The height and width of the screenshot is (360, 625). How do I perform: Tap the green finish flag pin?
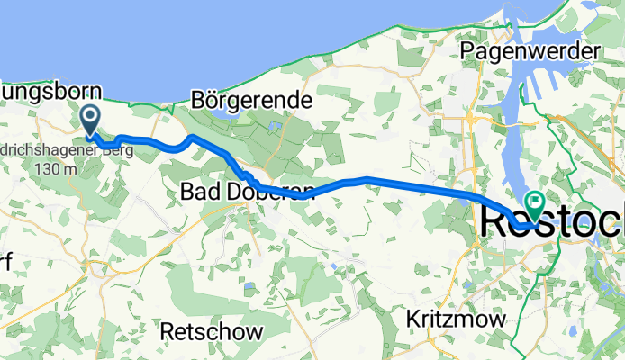[535, 205]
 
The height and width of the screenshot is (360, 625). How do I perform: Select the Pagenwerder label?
[529, 51]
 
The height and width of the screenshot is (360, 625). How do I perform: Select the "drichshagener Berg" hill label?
[67, 151]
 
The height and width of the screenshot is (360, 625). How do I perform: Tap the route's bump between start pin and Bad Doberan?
[190, 139]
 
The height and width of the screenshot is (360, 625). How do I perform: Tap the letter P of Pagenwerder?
[467, 51]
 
